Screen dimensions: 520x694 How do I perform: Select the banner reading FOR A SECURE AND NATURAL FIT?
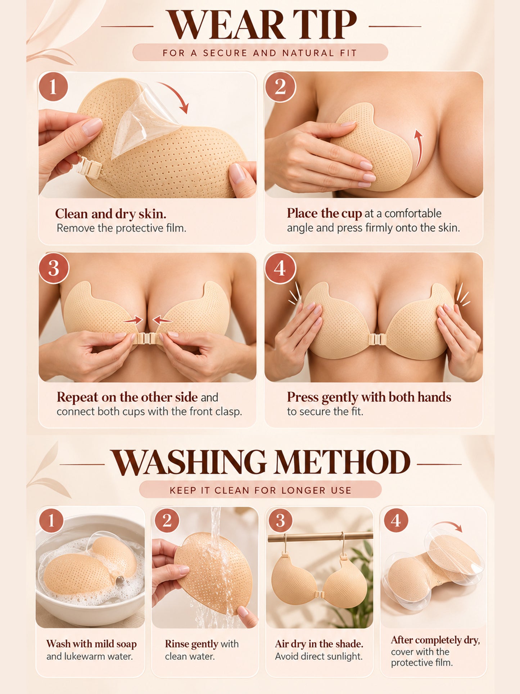260,53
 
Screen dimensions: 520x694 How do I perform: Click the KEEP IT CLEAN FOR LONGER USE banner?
260,490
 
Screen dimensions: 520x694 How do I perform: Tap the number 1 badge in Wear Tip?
53,86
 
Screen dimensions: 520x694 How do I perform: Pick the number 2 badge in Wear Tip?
280,86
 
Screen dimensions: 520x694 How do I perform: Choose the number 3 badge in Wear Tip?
54,268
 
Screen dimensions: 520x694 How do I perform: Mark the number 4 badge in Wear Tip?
280,268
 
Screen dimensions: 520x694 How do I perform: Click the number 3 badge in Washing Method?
281,520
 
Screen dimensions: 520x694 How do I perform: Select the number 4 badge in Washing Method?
396,520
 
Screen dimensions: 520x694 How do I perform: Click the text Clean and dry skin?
110,214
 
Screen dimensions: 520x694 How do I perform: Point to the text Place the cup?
324,214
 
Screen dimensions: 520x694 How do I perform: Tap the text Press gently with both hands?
369,397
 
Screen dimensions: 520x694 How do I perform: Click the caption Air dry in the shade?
319,644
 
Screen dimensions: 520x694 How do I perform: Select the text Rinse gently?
191,644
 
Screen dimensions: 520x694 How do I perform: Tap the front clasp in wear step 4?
374,339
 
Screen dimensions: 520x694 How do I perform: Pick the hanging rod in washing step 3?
320,537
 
